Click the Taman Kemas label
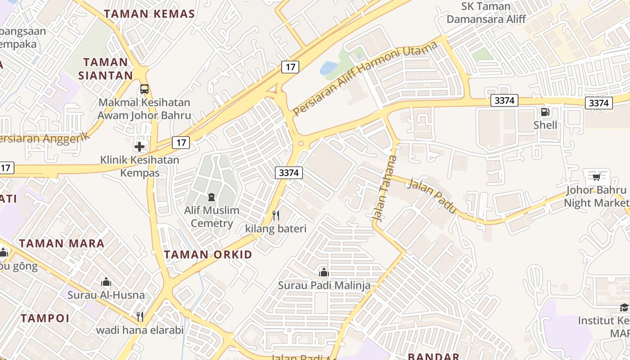point(149,13)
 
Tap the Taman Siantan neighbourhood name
point(106,68)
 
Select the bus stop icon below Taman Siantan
point(144,89)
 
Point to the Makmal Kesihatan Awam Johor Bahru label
point(144,109)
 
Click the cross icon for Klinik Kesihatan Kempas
point(139,146)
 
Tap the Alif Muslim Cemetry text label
point(211,216)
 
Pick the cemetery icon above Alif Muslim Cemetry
point(211,197)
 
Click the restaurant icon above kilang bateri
point(276,216)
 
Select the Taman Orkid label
point(208,255)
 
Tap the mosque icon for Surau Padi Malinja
point(324,272)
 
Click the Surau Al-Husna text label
point(106,295)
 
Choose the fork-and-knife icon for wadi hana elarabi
point(140,317)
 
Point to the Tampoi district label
point(45,318)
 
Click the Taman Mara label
point(62,243)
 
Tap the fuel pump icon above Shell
point(545,112)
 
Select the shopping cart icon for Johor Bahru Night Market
point(596,176)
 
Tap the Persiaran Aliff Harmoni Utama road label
point(365,79)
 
